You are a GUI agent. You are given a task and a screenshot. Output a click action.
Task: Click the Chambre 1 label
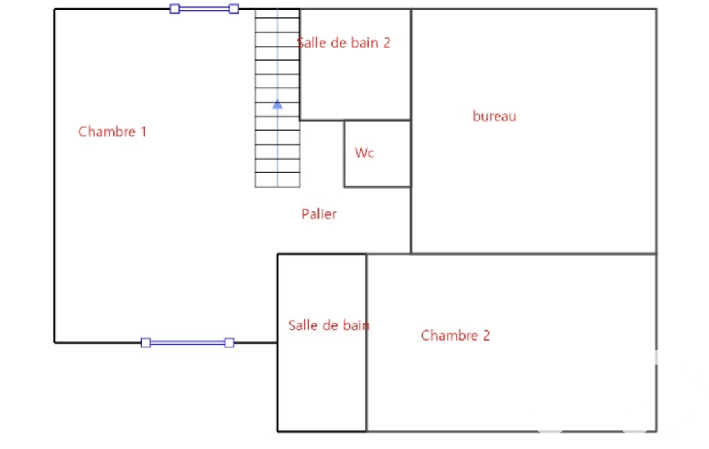pyautogui.click(x=112, y=131)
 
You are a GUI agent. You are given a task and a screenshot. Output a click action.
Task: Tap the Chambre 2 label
pyautogui.click(x=455, y=336)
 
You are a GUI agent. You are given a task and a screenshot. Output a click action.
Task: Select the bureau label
pyautogui.click(x=494, y=116)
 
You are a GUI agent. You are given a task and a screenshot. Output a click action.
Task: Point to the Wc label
pyautogui.click(x=364, y=153)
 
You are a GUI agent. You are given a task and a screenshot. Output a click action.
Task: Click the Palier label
pyautogui.click(x=319, y=214)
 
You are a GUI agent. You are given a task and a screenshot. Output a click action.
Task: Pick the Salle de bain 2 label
pyautogui.click(x=344, y=43)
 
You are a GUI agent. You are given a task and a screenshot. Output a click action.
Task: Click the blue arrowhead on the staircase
pyautogui.click(x=277, y=104)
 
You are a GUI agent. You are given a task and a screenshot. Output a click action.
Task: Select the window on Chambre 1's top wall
pyautogui.click(x=204, y=9)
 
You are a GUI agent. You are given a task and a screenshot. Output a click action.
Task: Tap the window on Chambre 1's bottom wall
pyautogui.click(x=187, y=343)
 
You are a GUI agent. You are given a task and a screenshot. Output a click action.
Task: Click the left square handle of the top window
pyautogui.click(x=174, y=9)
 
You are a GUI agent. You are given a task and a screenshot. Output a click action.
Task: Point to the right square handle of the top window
pyautogui.click(x=234, y=9)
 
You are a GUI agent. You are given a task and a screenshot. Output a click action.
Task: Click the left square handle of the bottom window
pyautogui.click(x=146, y=343)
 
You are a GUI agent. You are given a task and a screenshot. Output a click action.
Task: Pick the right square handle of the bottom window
pyautogui.click(x=230, y=343)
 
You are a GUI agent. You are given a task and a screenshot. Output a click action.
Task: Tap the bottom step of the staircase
pyautogui.click(x=277, y=180)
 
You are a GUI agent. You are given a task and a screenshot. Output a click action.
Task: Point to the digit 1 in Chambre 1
pyautogui.click(x=143, y=131)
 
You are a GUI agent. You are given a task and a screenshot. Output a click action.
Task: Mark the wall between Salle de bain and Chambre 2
pyautogui.click(x=367, y=387)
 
